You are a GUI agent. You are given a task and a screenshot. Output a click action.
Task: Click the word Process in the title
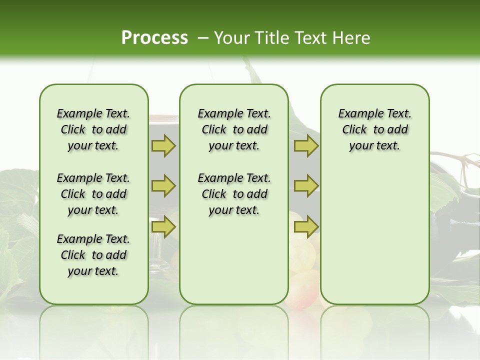pyautogui.click(x=154, y=37)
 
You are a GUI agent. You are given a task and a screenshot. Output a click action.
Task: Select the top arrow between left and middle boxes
pyautogui.click(x=163, y=146)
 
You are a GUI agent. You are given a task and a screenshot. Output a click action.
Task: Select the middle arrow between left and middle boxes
pyautogui.click(x=163, y=186)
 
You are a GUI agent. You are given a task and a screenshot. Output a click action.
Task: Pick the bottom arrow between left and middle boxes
pyautogui.click(x=163, y=227)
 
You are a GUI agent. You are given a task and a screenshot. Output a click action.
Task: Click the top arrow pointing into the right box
pyautogui.click(x=306, y=146)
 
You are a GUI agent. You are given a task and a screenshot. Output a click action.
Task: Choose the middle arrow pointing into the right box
pyautogui.click(x=306, y=186)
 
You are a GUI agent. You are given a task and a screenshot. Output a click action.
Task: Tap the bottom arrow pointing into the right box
pyautogui.click(x=306, y=227)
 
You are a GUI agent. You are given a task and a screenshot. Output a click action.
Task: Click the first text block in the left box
pyautogui.click(x=93, y=129)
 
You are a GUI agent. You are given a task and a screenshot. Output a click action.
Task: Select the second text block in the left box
pyautogui.click(x=93, y=194)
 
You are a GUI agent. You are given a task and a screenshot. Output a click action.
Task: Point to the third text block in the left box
pyautogui.click(x=93, y=255)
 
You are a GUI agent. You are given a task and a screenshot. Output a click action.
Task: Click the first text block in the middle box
pyautogui.click(x=234, y=129)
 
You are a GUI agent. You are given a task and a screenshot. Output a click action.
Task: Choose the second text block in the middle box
pyautogui.click(x=234, y=194)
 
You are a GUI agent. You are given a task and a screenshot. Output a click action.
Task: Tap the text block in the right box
pyautogui.click(x=375, y=129)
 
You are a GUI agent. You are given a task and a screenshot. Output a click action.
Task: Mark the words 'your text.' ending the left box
pyautogui.click(x=93, y=271)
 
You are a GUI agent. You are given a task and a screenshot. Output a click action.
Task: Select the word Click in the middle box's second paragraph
pyautogui.click(x=214, y=194)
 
